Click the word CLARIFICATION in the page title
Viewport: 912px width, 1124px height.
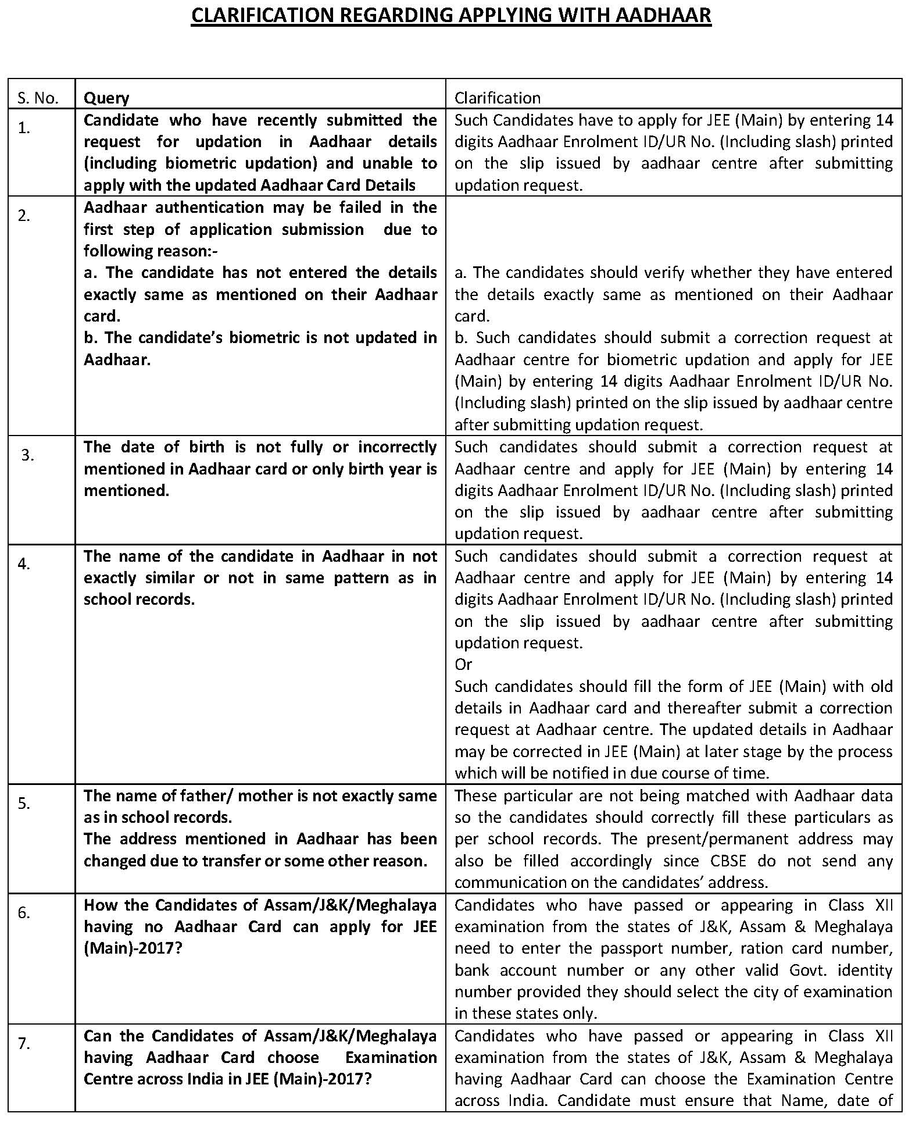(x=262, y=16)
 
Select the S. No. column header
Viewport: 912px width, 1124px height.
(x=38, y=98)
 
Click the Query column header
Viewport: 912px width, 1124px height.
(x=106, y=98)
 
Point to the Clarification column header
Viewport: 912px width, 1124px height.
(x=497, y=98)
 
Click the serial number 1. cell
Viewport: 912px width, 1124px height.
(x=24, y=128)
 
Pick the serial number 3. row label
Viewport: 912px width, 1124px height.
(x=28, y=455)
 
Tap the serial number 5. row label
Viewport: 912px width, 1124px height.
(x=24, y=803)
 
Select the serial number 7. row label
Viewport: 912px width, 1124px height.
(x=24, y=1043)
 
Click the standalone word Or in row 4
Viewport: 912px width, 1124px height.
(x=463, y=664)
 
